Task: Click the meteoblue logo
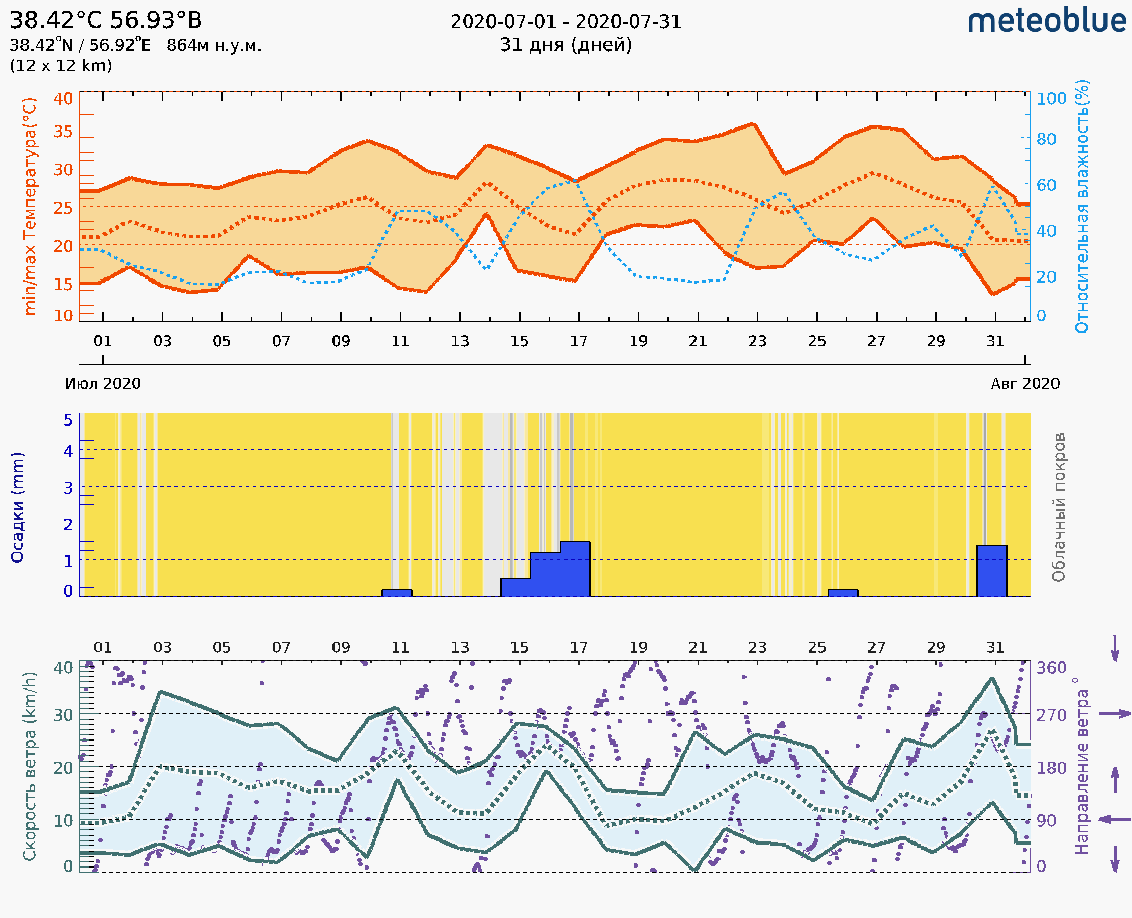coord(1047,21)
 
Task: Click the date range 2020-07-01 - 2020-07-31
coord(565,22)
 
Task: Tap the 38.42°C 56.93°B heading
coord(106,20)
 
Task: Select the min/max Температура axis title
coord(30,206)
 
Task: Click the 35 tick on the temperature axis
coord(63,131)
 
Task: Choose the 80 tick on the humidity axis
coord(1046,139)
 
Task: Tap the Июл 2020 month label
coord(102,384)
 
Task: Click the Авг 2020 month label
coord(1025,384)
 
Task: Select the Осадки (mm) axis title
coord(17,507)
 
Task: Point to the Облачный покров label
coord(1059,507)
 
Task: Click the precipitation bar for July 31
coord(991,571)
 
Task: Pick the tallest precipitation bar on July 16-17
coord(575,569)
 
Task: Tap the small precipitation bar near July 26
coord(843,593)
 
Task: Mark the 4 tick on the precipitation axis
coord(68,451)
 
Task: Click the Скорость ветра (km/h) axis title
coord(30,766)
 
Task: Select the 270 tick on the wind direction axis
coord(1051,715)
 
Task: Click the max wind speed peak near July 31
coord(992,678)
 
